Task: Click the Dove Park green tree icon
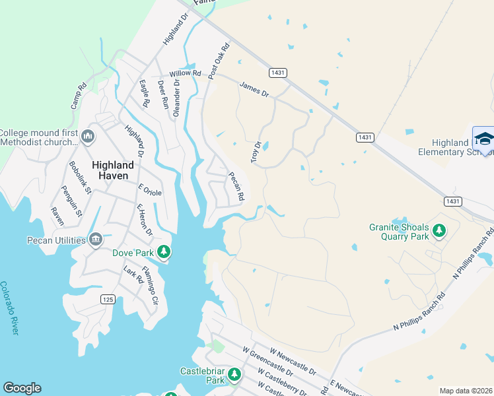coord(164,251)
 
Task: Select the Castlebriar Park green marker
coord(234,376)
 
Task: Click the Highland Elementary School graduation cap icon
coord(484,139)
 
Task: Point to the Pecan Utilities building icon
coord(96,238)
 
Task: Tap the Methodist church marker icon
coord(88,137)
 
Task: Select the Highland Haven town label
coord(112,170)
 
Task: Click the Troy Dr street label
coord(256,152)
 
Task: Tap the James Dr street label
coord(254,89)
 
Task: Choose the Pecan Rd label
coord(236,187)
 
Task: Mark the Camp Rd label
coord(79,96)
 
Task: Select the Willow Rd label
coord(185,73)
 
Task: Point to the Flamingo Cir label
coord(151,289)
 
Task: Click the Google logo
coord(22,388)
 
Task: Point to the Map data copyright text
coord(466,391)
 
